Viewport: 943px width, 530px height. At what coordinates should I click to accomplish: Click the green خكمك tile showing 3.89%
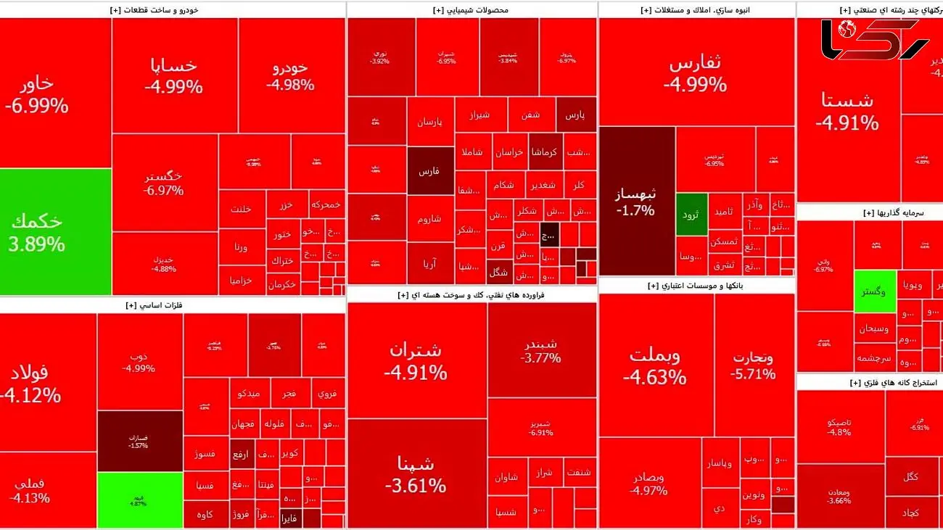click(55, 231)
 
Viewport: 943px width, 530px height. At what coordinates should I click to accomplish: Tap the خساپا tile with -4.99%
click(174, 75)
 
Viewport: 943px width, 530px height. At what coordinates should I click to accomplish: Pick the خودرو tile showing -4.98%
click(291, 75)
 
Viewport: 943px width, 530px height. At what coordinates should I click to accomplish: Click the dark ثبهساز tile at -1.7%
click(636, 201)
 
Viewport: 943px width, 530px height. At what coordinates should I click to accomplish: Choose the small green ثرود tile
click(691, 215)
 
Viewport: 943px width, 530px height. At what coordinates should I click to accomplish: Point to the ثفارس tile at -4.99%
click(695, 73)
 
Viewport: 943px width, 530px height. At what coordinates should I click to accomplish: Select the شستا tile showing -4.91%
click(847, 110)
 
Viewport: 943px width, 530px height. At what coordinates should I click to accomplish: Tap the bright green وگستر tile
click(874, 291)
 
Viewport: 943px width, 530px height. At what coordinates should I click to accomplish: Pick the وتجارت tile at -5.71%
click(754, 365)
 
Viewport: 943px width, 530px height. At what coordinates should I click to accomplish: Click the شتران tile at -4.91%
click(416, 360)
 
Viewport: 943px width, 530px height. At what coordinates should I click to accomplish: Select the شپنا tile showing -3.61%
click(416, 473)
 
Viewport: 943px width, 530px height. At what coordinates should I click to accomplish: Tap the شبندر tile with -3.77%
click(541, 349)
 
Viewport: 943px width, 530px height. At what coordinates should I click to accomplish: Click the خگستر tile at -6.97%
click(164, 183)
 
